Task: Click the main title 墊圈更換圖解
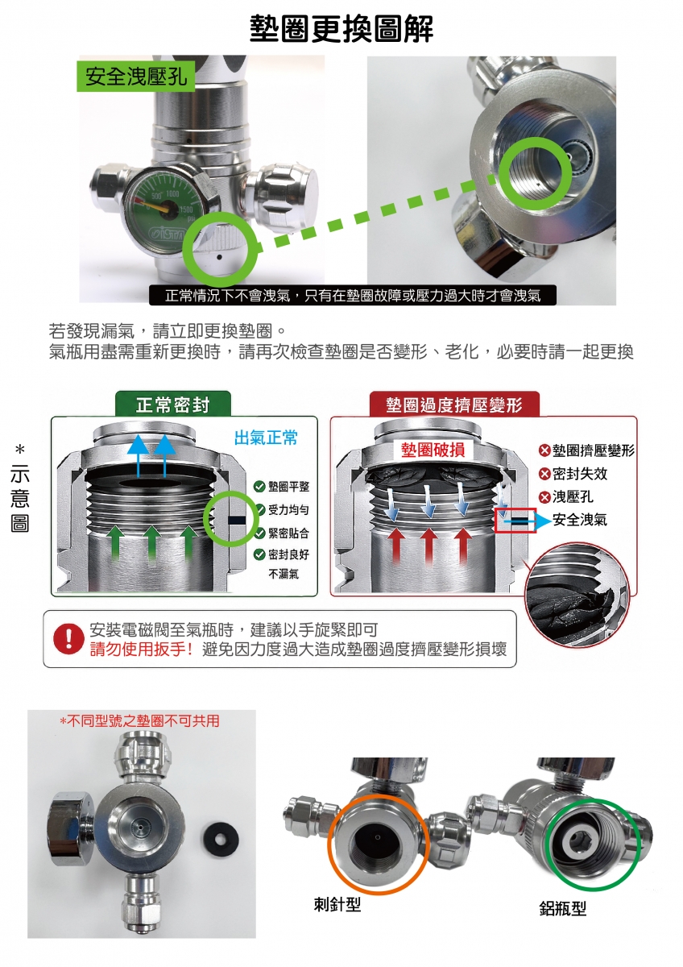pyautogui.click(x=341, y=29)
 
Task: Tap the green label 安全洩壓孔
pyautogui.click(x=136, y=77)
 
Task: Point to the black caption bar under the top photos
pyautogui.click(x=353, y=295)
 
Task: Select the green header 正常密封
pyautogui.click(x=173, y=405)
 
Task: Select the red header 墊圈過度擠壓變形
pyautogui.click(x=454, y=405)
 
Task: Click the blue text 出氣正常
pyautogui.click(x=266, y=438)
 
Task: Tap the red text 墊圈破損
pyautogui.click(x=433, y=450)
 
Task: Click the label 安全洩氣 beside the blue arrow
pyautogui.click(x=580, y=519)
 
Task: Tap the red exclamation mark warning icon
pyautogui.click(x=68, y=639)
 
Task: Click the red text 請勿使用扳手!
pyautogui.click(x=142, y=649)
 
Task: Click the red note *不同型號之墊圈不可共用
pyautogui.click(x=139, y=720)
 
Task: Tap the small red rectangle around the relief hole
pyautogui.click(x=515, y=521)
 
